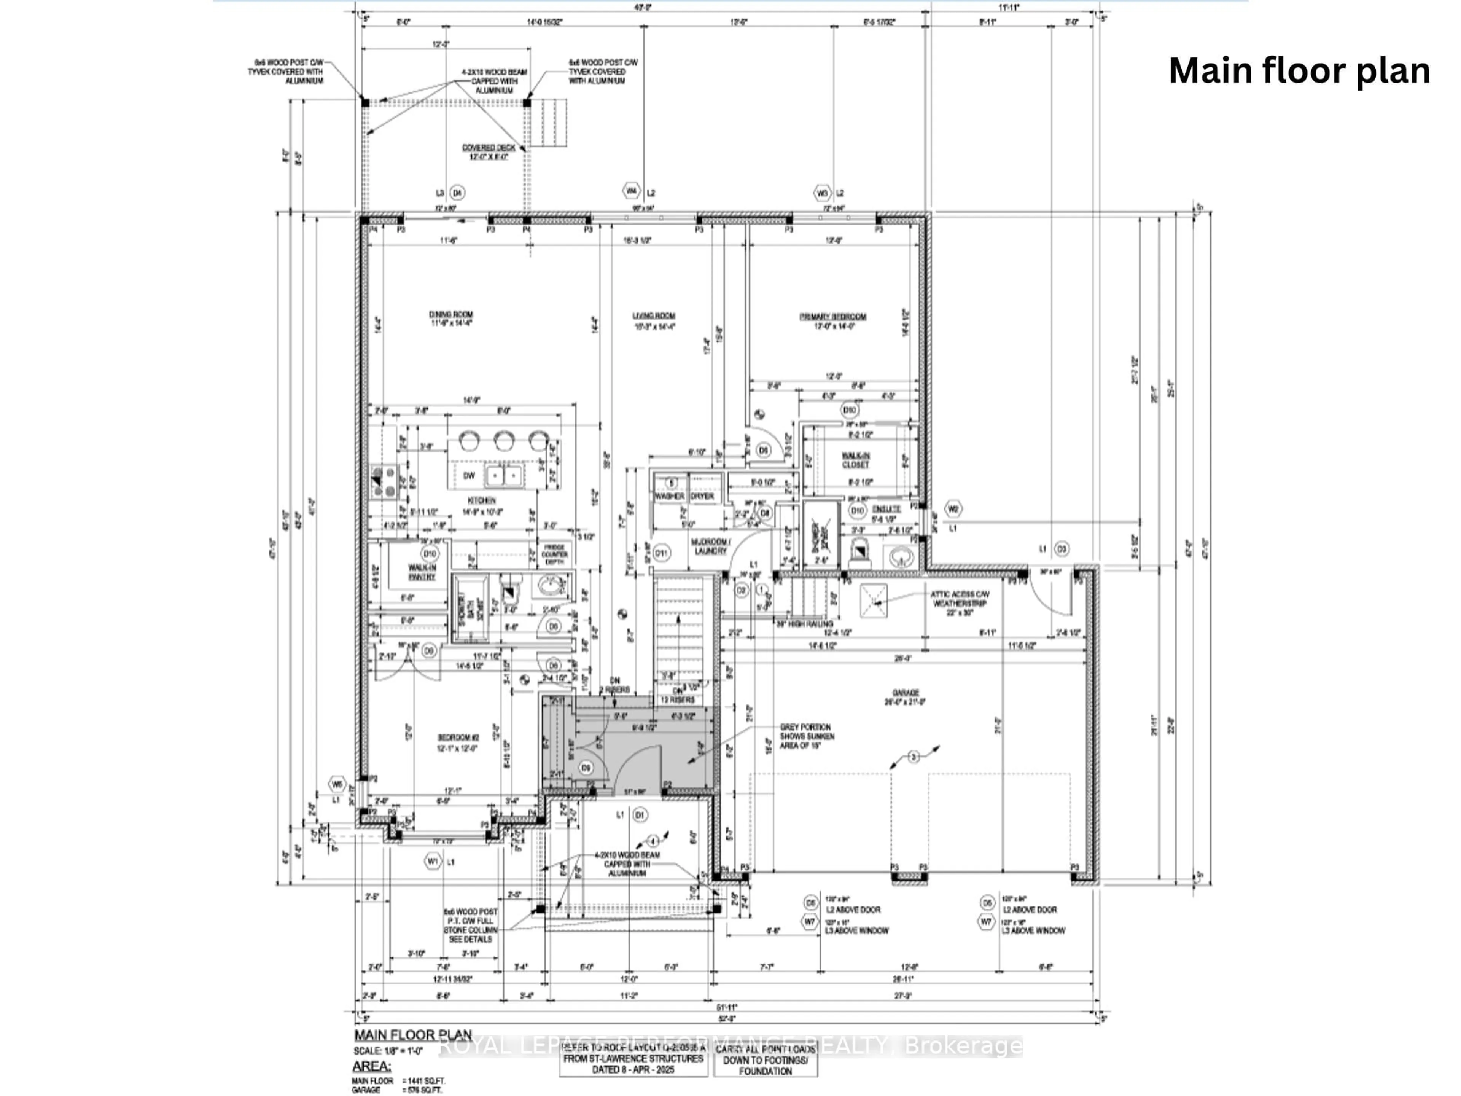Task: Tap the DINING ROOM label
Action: click(x=451, y=319)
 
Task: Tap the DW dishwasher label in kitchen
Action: click(x=469, y=476)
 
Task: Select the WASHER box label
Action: click(x=670, y=496)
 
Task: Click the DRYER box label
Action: click(x=702, y=496)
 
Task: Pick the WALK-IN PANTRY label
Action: click(x=422, y=572)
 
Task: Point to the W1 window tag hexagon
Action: click(x=433, y=862)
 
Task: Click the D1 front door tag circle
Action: click(x=639, y=815)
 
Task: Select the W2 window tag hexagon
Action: click(x=952, y=509)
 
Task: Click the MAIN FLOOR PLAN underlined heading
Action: click(x=413, y=1035)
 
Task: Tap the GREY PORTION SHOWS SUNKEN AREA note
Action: click(x=807, y=736)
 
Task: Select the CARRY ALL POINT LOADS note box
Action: click(x=766, y=1060)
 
